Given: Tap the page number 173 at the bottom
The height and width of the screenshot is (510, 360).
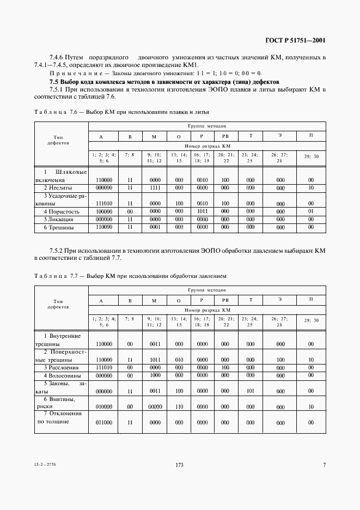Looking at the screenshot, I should pos(179,465).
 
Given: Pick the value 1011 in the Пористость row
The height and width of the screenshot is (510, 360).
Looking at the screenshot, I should pos(202,211).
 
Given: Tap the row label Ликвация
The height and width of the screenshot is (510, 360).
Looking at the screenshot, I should pos(62,220).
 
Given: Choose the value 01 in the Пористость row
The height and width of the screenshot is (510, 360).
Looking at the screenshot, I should pos(310,211).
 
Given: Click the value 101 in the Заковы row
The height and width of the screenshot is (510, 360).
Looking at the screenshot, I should pos(251,391).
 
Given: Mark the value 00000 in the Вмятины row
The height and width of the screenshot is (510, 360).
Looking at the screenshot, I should pos(155,406).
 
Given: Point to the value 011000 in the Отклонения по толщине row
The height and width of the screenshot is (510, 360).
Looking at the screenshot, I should pos(103,422).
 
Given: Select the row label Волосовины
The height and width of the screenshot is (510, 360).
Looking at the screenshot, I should pos(62,375).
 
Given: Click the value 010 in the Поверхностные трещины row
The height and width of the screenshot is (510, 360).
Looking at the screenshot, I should pos(179,360).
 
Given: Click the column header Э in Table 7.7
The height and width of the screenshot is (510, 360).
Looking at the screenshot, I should pos(280,300).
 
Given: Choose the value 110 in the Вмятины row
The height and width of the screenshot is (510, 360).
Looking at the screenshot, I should pos(179,406).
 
